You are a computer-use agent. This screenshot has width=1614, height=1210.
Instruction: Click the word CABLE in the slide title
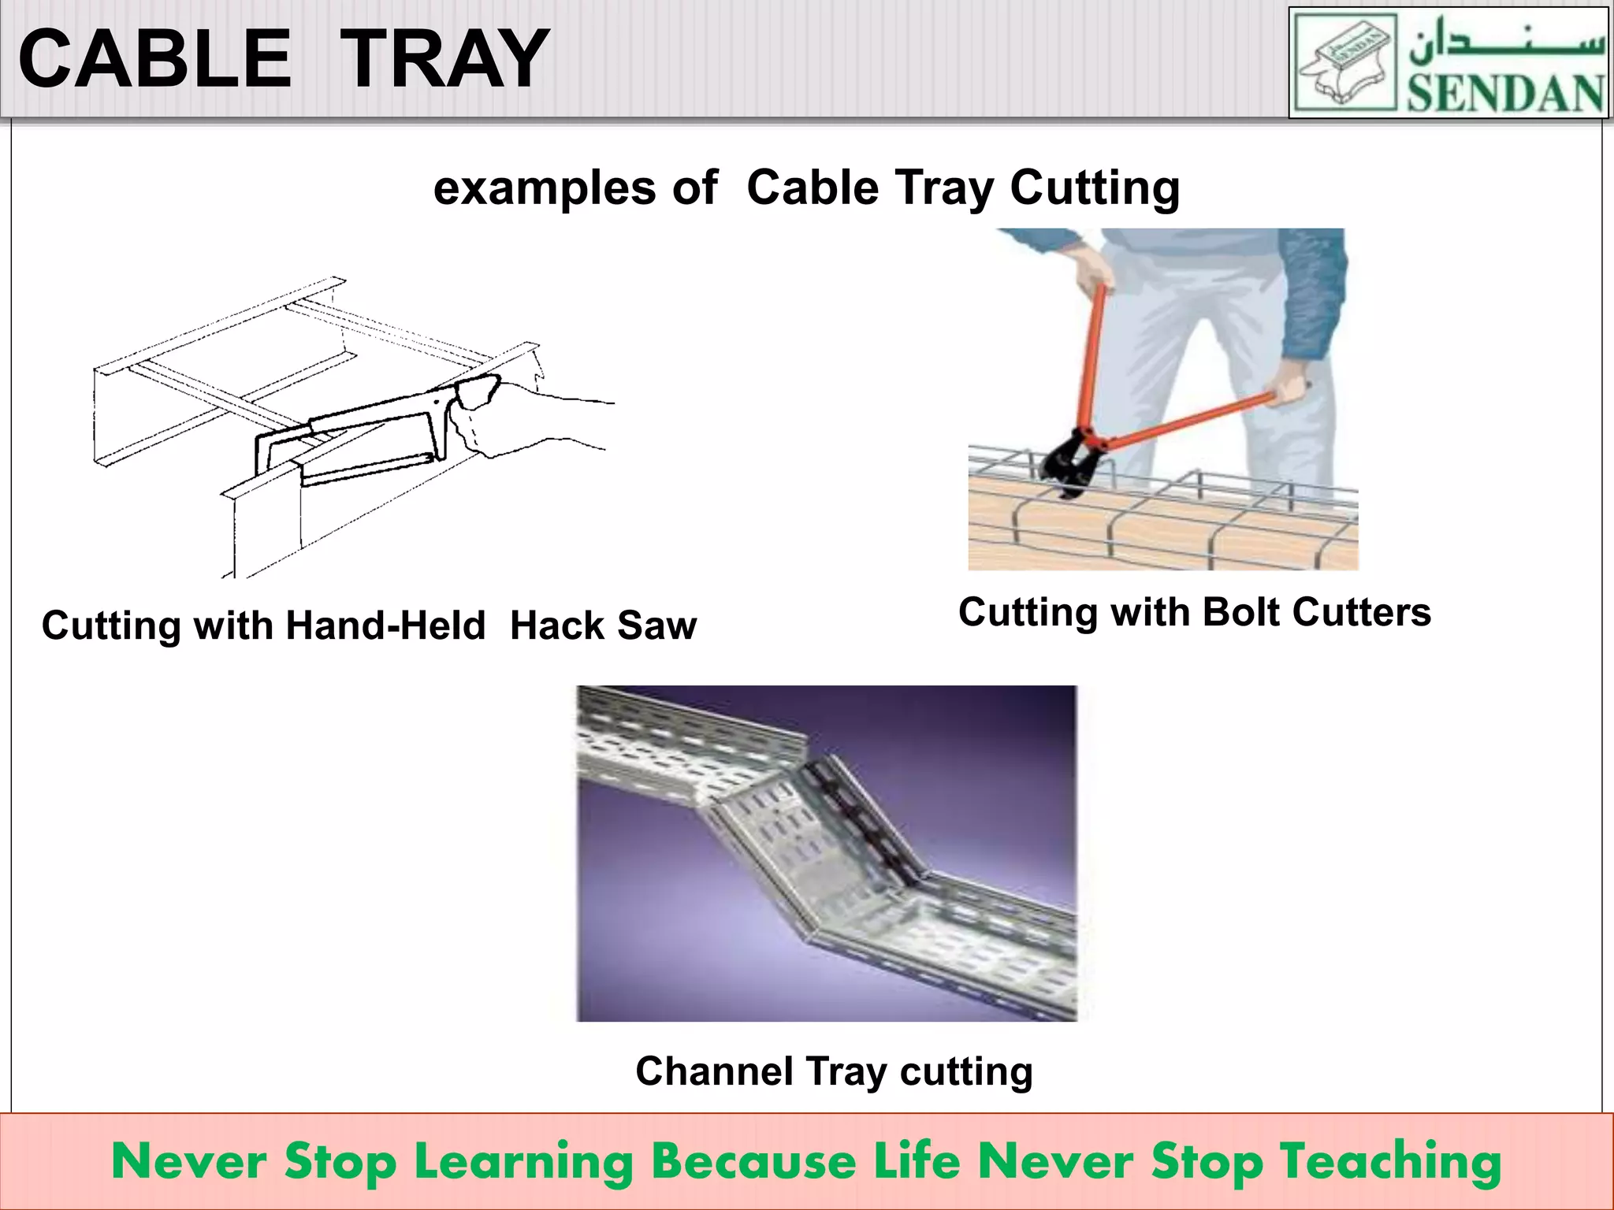click(x=155, y=59)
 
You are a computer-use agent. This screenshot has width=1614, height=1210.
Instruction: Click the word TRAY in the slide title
click(x=446, y=59)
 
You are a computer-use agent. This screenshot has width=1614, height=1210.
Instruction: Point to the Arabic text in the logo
click(x=1506, y=43)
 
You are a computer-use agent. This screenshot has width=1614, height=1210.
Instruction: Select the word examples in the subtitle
click(x=545, y=189)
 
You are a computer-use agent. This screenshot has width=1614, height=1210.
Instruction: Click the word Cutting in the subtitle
click(x=1095, y=189)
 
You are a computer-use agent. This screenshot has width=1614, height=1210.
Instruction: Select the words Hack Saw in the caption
click(x=603, y=625)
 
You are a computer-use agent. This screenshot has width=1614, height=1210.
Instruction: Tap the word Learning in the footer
click(x=524, y=1162)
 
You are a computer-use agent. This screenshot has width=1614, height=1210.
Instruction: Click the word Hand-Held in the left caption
click(x=385, y=625)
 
